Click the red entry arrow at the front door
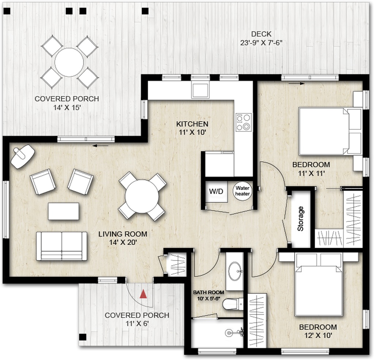[144, 293]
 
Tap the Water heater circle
[243, 191]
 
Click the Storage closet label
[301, 219]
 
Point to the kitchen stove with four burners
[244, 122]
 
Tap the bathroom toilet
[232, 304]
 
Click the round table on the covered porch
[69, 62]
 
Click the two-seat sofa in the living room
[62, 246]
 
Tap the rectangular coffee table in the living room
[64, 211]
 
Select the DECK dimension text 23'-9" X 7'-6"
[261, 43]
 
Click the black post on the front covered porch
[83, 337]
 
